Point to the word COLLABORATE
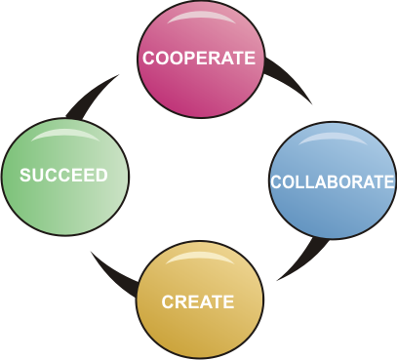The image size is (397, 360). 332,182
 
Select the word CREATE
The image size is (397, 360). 198,301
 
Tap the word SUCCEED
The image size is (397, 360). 64,177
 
